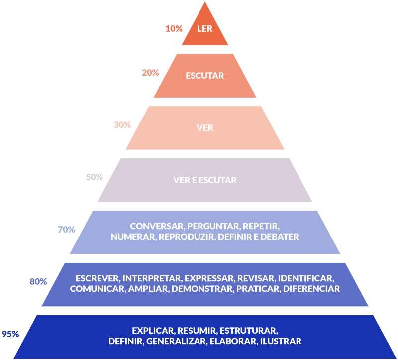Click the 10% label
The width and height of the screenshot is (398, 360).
pos(174,29)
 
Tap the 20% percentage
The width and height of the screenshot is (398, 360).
pos(150,73)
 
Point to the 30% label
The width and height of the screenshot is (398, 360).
pos(122,125)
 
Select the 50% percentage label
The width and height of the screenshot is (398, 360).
pos(95,177)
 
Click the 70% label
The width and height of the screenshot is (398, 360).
pos(66,230)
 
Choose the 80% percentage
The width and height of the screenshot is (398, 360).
pos(38,282)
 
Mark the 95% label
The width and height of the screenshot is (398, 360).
pos(10,334)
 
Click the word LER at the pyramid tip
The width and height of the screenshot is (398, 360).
pos(205,29)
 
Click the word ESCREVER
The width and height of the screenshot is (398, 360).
pos(97,278)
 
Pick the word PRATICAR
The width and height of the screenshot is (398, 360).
pos(258,289)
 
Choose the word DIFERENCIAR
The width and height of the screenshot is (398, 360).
pos(311,289)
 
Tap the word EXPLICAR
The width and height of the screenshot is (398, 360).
pos(153,330)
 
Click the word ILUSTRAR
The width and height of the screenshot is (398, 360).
pos(281,342)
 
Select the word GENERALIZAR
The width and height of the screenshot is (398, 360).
pos(176,342)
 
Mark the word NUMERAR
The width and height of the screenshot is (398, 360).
pos(133,237)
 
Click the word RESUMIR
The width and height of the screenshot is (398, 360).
pos(197,330)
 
